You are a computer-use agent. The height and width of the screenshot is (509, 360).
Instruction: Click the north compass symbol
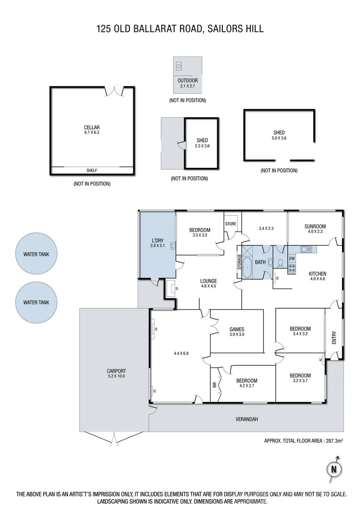click(334, 468)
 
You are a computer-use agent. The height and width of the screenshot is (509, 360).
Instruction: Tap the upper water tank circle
click(36, 254)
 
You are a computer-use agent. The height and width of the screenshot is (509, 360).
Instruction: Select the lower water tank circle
click(36, 302)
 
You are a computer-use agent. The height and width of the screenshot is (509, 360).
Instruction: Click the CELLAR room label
click(91, 127)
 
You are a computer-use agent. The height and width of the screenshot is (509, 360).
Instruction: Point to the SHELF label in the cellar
click(91, 171)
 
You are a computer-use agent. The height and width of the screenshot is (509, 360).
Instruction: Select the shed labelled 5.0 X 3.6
click(278, 135)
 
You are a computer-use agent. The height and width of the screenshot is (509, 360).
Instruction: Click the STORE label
click(230, 224)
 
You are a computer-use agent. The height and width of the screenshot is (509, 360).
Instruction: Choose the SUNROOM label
click(315, 227)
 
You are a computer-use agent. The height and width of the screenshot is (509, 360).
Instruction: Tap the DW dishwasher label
click(292, 258)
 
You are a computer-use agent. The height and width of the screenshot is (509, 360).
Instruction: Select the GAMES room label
click(237, 329)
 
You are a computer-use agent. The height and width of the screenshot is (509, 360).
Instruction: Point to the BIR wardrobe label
click(215, 385)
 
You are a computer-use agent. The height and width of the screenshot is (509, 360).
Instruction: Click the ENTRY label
click(334, 338)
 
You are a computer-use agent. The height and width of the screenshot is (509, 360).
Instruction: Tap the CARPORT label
click(116, 371)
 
